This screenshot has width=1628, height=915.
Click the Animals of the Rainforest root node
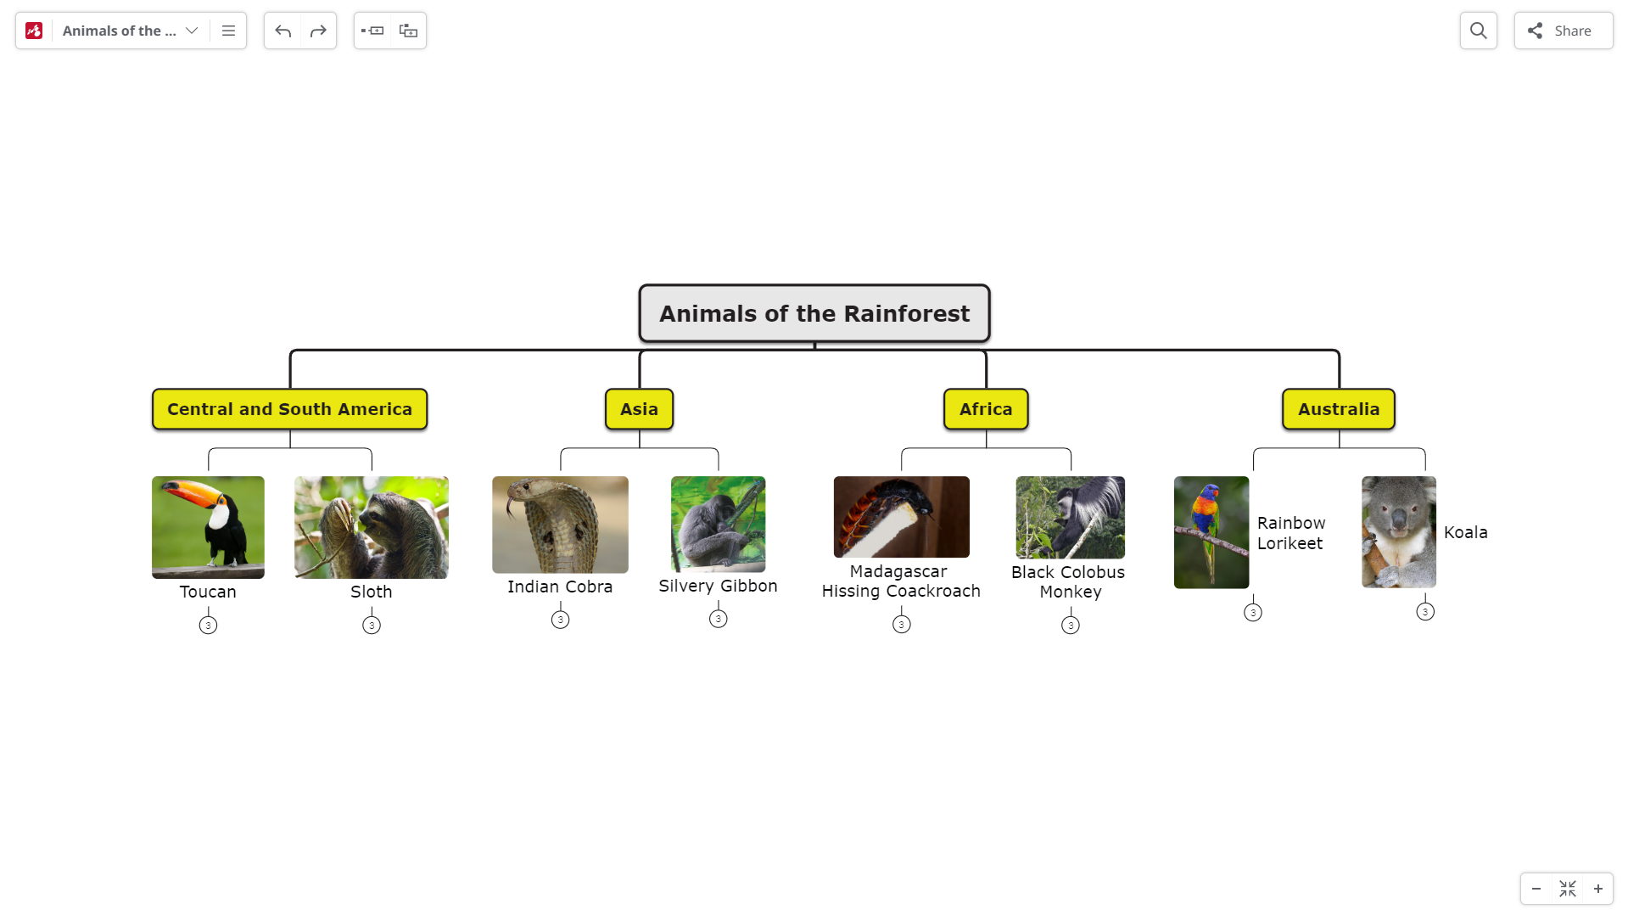pyautogui.click(x=814, y=313)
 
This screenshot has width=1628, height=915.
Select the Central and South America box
pyautogui.click(x=289, y=409)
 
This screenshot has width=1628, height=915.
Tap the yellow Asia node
pyautogui.click(x=639, y=409)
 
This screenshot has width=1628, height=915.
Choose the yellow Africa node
pyautogui.click(x=986, y=409)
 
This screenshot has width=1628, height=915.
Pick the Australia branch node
pyautogui.click(x=1339, y=409)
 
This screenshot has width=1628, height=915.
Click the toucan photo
pyautogui.click(x=208, y=527)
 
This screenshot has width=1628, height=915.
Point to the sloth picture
pyautogui.click(x=372, y=527)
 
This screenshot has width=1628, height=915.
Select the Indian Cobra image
pyautogui.click(x=560, y=525)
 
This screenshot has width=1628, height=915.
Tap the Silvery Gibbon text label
pyautogui.click(x=718, y=586)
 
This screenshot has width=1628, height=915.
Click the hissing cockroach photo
pyautogui.click(x=901, y=517)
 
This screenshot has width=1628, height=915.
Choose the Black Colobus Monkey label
pyautogui.click(x=1069, y=582)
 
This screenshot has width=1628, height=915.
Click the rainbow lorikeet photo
pyautogui.click(x=1211, y=532)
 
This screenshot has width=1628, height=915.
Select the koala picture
pyautogui.click(x=1399, y=532)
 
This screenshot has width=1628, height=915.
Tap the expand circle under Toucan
pyautogui.click(x=208, y=626)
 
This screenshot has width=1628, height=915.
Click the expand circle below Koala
pyautogui.click(x=1425, y=612)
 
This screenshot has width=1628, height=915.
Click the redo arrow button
pyautogui.click(x=318, y=31)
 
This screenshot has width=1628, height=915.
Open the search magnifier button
pyautogui.click(x=1479, y=31)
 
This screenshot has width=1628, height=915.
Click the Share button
pyautogui.click(x=1564, y=31)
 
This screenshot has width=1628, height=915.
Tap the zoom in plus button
pyautogui.click(x=1598, y=889)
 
